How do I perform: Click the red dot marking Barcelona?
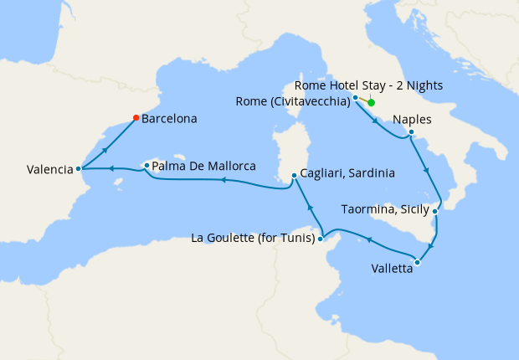[x=136, y=118]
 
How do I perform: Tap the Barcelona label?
[x=169, y=119]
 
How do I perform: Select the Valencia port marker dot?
[x=79, y=168]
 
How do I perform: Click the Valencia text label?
[x=49, y=169]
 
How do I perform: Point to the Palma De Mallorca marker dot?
[x=146, y=166]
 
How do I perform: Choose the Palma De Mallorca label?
[x=203, y=166]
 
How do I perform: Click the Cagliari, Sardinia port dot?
[x=293, y=176]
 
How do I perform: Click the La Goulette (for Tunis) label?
[x=253, y=239]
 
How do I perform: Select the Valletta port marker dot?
[x=417, y=263]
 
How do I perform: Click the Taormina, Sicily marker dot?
[x=435, y=212]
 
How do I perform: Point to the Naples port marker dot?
[x=411, y=131]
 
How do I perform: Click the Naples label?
[x=412, y=120]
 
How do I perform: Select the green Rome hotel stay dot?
[x=371, y=103]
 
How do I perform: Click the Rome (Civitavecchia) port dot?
[x=356, y=98]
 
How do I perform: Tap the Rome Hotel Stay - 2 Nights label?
[x=370, y=85]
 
